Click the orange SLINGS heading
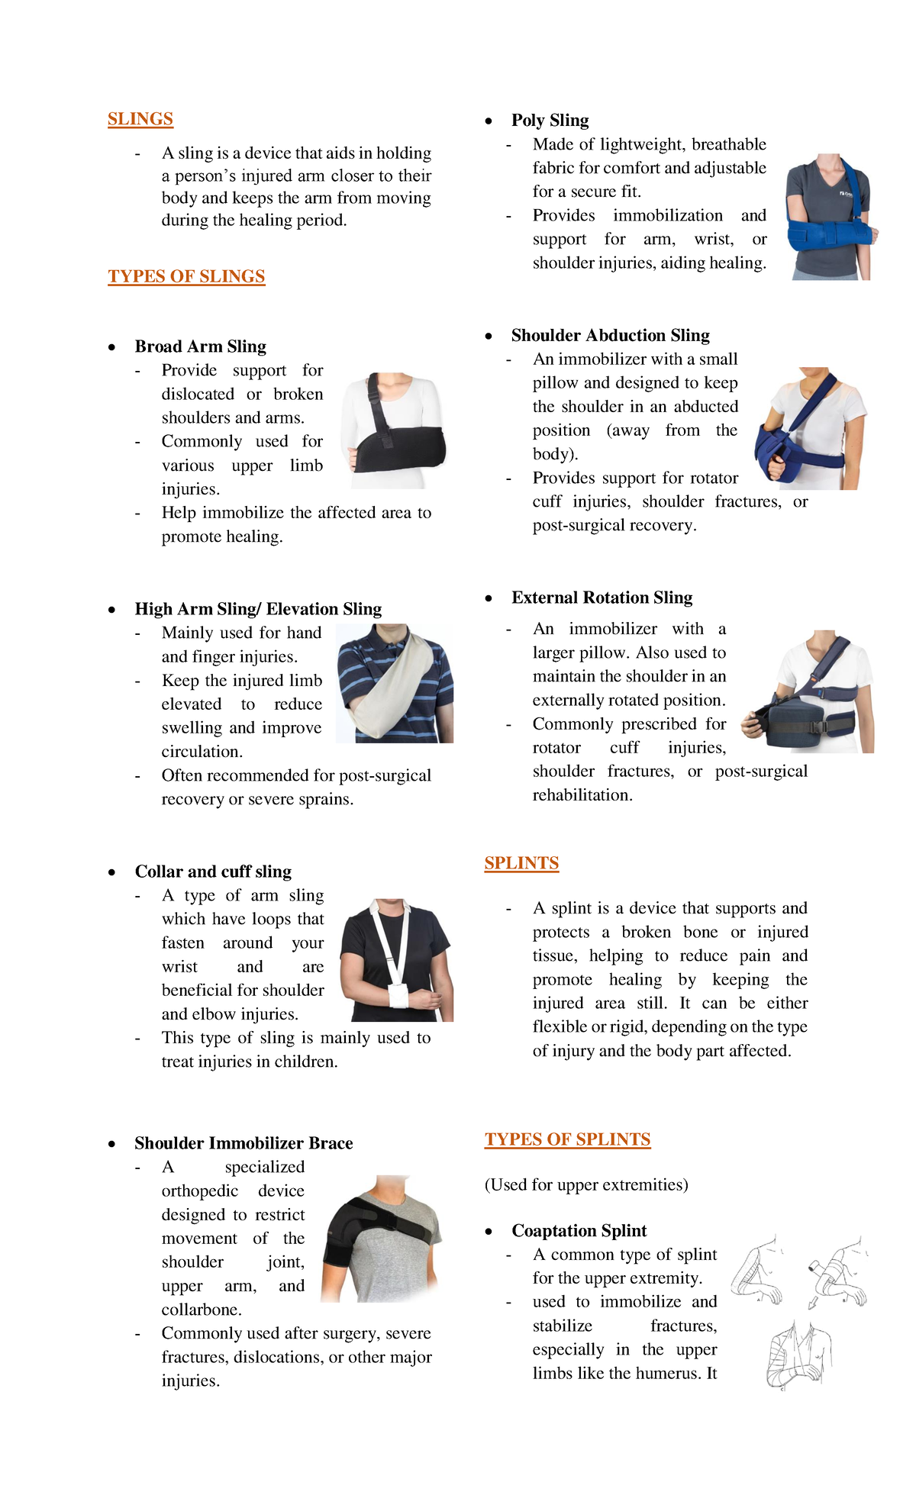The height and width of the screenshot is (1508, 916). (x=140, y=119)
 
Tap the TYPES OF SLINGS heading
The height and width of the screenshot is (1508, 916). (x=186, y=276)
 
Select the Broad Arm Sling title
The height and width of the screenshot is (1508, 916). (x=200, y=346)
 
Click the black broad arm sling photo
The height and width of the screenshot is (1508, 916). (x=395, y=430)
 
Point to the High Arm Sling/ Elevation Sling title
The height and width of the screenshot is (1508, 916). (x=258, y=609)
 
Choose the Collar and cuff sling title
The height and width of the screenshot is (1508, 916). (x=213, y=872)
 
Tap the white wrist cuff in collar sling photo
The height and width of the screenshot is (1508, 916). (x=398, y=996)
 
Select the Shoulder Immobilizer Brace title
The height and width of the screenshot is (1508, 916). (x=244, y=1143)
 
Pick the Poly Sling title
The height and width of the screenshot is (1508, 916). (x=550, y=121)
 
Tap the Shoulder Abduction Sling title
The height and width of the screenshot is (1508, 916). (x=610, y=336)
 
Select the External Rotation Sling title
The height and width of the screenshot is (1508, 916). (x=602, y=598)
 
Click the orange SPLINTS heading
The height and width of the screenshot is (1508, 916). (x=521, y=863)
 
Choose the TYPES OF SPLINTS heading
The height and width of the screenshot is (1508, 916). (x=567, y=1139)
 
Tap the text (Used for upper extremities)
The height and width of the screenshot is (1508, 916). (x=586, y=1184)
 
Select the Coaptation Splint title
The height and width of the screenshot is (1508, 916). (x=579, y=1231)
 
